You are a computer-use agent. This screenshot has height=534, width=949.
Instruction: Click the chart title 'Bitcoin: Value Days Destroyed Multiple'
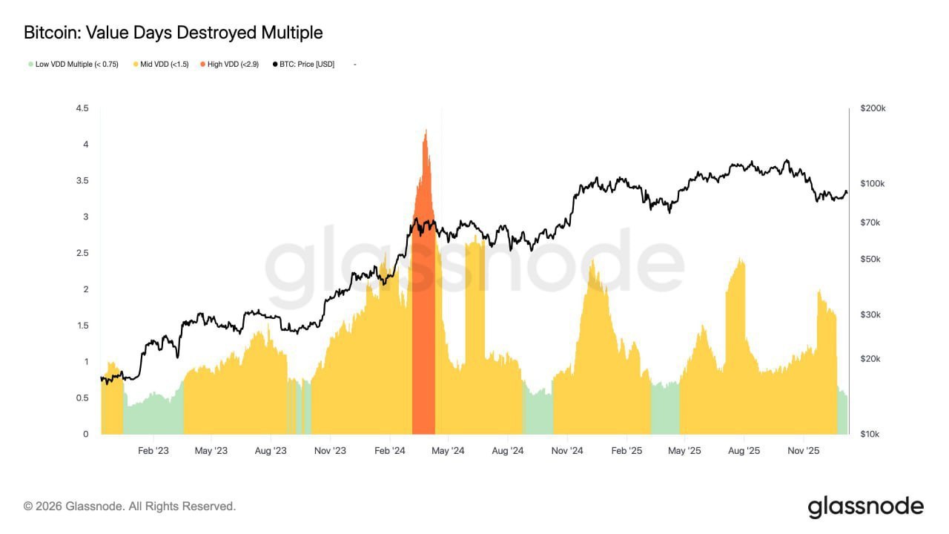[173, 33]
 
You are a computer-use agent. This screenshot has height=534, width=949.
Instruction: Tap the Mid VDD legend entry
[164, 65]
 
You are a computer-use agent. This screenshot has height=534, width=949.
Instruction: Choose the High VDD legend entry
[232, 65]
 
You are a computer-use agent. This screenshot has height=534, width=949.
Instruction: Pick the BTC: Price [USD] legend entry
[306, 65]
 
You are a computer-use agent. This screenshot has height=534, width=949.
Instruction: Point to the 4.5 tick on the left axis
[82, 108]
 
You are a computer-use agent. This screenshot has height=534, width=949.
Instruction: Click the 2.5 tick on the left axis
[82, 253]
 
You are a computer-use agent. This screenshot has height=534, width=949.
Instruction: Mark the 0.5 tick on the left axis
[82, 398]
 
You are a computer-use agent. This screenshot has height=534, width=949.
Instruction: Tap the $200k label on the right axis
[873, 108]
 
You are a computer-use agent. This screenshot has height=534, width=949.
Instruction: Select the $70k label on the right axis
[870, 222]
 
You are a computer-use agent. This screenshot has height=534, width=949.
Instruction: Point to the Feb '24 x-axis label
[388, 450]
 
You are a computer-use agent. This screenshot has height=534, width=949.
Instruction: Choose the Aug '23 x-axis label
[271, 450]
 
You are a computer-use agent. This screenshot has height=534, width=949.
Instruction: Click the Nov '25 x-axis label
[802, 450]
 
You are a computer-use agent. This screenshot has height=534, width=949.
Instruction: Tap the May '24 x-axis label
[448, 450]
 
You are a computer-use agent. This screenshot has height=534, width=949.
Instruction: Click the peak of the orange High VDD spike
[425, 131]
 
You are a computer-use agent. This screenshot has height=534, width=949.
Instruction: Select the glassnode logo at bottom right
[865, 507]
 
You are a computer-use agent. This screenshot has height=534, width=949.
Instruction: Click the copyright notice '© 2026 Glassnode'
[130, 507]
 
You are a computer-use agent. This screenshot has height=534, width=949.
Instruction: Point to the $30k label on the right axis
[870, 314]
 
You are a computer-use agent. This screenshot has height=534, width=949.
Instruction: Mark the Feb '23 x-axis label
[153, 450]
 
